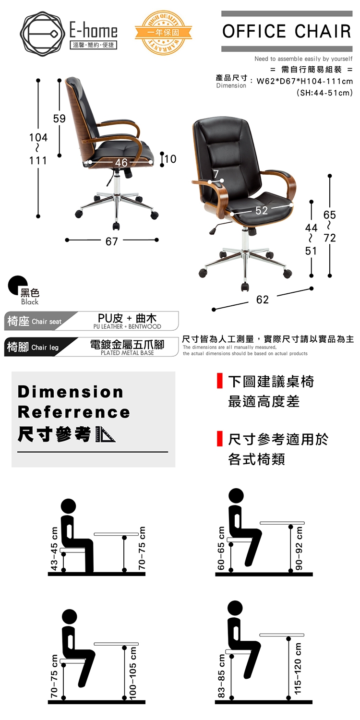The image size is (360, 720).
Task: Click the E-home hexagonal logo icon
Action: [x=41, y=34]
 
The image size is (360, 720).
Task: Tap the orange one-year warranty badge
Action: [x=163, y=33]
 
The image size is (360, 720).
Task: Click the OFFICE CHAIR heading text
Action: [x=287, y=31]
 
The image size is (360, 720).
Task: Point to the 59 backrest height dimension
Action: [x=59, y=119]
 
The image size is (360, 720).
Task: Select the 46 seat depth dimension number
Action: [x=121, y=163]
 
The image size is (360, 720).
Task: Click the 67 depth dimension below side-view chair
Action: [x=111, y=241]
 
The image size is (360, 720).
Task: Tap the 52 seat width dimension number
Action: [x=262, y=210]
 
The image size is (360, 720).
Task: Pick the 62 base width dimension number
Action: [x=262, y=300]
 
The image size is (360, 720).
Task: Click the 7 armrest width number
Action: [x=216, y=174]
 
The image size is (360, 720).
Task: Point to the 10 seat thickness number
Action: [x=170, y=159]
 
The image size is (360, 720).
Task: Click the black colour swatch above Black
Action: [x=17, y=285]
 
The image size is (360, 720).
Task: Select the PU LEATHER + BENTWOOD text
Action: [x=127, y=326]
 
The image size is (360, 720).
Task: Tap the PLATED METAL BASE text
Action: [x=127, y=353]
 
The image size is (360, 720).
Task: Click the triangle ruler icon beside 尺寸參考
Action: [x=106, y=434]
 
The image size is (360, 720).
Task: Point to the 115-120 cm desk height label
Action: [x=298, y=668]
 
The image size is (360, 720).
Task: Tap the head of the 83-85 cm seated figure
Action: [x=235, y=608]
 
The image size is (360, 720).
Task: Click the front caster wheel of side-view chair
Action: [x=116, y=226]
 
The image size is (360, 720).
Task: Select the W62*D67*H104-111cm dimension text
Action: [x=304, y=81]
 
